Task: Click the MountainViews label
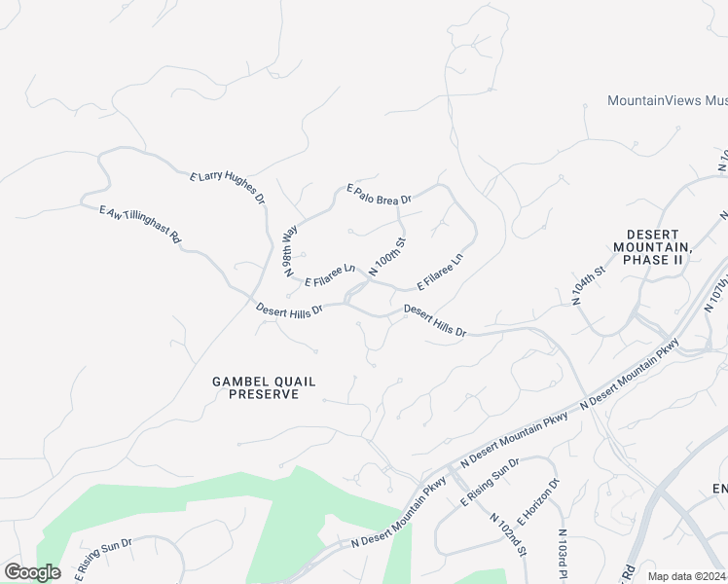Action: pos(667,100)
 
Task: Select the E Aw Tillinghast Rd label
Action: pos(141,223)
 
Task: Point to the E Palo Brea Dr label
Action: pos(380,193)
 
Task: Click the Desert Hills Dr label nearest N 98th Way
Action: pos(288,312)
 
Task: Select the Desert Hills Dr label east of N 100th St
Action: pos(435,321)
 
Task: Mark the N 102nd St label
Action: pos(508,534)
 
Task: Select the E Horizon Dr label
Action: pos(540,501)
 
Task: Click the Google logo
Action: pos(32,572)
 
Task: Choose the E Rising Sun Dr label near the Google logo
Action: pos(102,557)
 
